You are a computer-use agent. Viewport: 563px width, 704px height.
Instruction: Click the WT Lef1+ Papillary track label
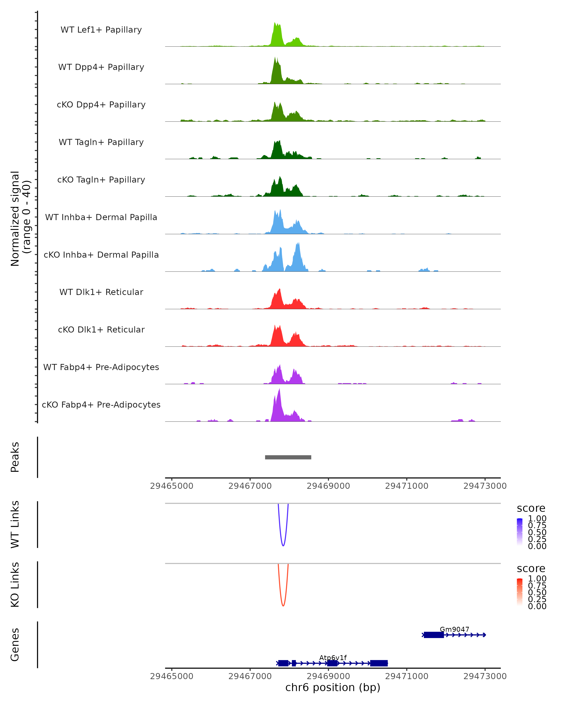(101, 30)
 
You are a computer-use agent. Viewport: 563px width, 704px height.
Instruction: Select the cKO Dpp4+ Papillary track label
(101, 105)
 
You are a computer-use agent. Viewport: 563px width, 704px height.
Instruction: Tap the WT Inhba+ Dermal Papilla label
(101, 218)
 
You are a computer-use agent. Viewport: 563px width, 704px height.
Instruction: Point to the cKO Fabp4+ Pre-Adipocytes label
(101, 405)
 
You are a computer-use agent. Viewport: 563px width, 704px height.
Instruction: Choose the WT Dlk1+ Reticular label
(101, 292)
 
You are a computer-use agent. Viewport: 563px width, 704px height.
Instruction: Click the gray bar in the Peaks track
(288, 457)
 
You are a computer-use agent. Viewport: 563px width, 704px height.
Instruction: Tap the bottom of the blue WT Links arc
(283, 546)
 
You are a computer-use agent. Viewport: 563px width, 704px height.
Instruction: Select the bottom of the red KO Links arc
(283, 606)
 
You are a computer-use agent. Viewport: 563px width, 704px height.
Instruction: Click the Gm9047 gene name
(454, 629)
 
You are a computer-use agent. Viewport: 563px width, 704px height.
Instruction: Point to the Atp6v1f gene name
(333, 658)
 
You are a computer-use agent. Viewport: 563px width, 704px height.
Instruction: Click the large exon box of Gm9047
(434, 635)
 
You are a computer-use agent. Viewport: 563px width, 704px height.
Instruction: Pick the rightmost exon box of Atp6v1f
(379, 663)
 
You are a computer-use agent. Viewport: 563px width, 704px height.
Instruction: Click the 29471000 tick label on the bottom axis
(407, 676)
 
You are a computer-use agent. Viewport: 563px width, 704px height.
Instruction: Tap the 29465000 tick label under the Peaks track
(172, 486)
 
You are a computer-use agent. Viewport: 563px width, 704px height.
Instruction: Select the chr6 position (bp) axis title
(333, 688)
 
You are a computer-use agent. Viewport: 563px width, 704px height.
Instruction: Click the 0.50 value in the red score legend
(537, 592)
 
